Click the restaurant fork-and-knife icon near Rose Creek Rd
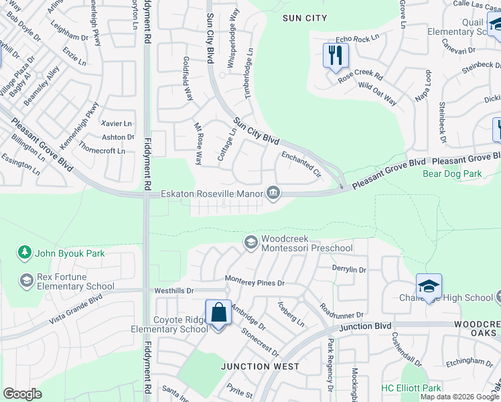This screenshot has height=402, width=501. tap(336, 55)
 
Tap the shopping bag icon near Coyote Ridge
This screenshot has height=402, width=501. tap(218, 312)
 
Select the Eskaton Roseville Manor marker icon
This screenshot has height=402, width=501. tap(273, 194)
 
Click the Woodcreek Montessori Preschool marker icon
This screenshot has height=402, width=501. tap(251, 242)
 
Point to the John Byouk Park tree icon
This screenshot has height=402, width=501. tap(25, 253)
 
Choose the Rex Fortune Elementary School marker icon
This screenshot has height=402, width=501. tap(27, 279)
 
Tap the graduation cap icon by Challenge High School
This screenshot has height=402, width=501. tap(429, 286)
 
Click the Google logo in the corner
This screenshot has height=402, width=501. tap(22, 394)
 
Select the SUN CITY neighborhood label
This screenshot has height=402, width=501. tap(305, 17)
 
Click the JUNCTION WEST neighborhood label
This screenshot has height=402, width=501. tap(261, 366)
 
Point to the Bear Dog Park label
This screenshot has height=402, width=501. tap(452, 174)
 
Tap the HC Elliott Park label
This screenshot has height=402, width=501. tap(411, 388)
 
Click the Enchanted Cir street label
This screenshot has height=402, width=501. tap(302, 165)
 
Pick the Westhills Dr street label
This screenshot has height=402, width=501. tap(173, 291)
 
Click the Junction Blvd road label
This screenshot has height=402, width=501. tap(365, 326)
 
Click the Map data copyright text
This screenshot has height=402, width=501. tap(459, 397)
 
